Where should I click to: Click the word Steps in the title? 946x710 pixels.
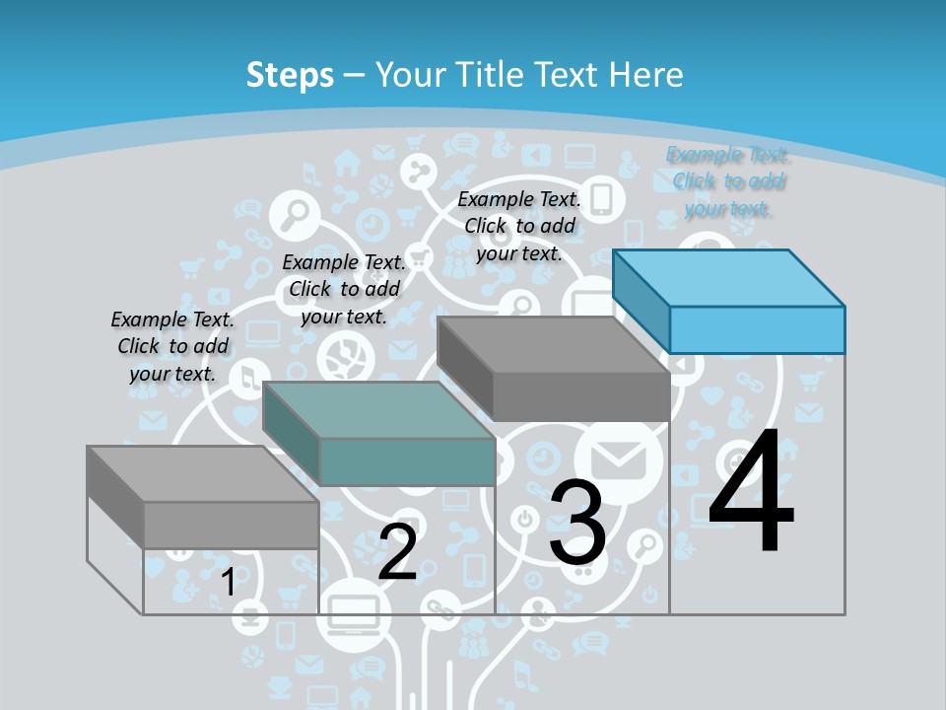[290, 75]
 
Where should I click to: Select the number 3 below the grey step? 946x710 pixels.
[577, 522]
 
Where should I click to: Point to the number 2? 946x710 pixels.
[397, 552]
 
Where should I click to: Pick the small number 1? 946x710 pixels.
[228, 582]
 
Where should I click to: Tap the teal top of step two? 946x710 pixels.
[378, 409]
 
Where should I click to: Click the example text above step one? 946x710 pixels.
[172, 346]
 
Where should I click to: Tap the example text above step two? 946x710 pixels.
[344, 289]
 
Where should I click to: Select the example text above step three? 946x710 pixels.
[519, 226]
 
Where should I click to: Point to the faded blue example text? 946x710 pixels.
[728, 181]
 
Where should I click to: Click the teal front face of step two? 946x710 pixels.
[407, 461]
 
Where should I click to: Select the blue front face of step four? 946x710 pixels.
[757, 329]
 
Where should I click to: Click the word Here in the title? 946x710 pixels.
[644, 75]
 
